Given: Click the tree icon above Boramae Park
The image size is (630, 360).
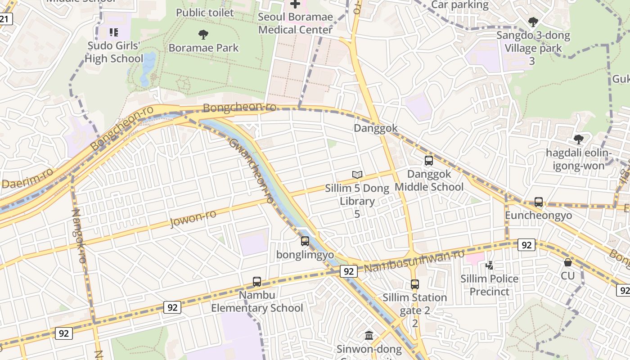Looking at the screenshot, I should (x=203, y=34).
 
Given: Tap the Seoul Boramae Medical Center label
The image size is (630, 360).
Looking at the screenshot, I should (x=296, y=23).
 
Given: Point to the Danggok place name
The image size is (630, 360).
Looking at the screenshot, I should (x=376, y=128).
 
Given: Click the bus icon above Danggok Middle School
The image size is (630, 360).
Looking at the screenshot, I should (x=429, y=160).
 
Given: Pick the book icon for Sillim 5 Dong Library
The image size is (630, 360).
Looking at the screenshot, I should (x=357, y=175).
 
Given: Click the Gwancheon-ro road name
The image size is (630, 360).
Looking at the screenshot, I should (x=252, y=171).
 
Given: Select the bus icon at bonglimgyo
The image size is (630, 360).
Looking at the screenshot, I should (x=305, y=241).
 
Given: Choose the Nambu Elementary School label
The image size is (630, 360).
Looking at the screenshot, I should (x=257, y=301).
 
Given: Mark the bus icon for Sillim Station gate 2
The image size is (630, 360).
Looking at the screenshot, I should (x=414, y=284).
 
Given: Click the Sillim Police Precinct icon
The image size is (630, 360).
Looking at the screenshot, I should (x=489, y=265).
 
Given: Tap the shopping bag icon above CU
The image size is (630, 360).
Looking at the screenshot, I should (x=568, y=262).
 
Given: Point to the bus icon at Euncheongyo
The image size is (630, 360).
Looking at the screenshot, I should (x=539, y=202).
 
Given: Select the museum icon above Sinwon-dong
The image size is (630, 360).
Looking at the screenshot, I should (x=369, y=335).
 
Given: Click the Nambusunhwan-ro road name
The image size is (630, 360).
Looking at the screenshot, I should (x=414, y=261).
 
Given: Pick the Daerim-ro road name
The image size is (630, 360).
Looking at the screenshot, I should (x=28, y=178).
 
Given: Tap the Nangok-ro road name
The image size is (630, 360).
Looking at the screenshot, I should (x=78, y=236).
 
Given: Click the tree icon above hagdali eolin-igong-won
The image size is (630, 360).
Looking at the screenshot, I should (x=579, y=139).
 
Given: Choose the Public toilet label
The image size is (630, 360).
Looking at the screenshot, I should (x=205, y=13).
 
